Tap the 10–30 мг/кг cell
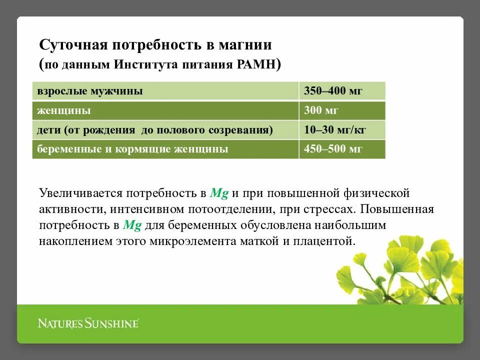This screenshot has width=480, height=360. click(x=335, y=130)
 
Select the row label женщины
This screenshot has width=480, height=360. click(x=64, y=110)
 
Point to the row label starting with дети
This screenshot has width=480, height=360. click(x=155, y=130)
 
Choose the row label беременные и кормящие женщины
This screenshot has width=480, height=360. click(x=132, y=149)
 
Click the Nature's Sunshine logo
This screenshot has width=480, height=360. click(x=88, y=323)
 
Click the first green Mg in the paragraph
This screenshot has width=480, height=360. click(x=219, y=193)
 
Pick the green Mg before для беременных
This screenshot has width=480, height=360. click(x=132, y=225)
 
